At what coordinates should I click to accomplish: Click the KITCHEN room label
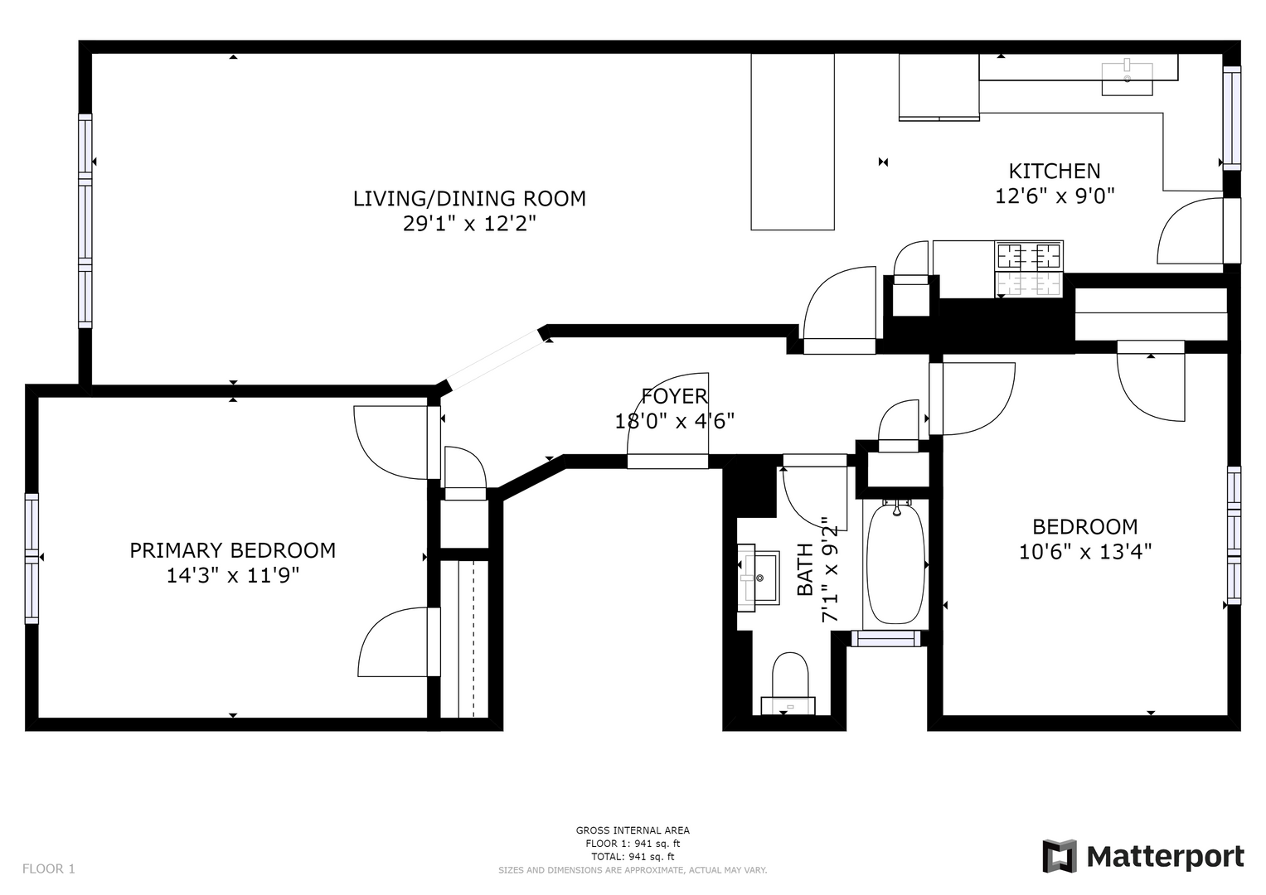coord(1055,171)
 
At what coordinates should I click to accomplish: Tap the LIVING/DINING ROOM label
coord(469,199)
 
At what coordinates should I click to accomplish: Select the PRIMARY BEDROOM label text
coord(233,550)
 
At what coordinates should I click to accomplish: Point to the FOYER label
coord(674,396)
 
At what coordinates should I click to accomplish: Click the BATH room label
coord(805,569)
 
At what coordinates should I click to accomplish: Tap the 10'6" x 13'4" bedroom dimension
coord(1085,551)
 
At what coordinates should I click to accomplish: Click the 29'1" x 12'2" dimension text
coord(469,225)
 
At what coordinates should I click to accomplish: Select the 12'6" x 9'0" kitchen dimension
coord(1055,196)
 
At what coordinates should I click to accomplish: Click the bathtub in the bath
coord(895,564)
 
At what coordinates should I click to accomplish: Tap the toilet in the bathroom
coord(789,684)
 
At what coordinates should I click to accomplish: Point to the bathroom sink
coord(758,578)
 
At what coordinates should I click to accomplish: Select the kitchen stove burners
coord(1029,268)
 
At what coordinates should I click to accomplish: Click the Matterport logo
coord(1143,857)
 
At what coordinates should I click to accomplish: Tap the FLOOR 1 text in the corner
coord(49,869)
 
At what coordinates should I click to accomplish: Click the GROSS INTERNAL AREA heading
coord(633,830)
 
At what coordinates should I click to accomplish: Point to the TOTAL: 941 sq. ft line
coord(633,857)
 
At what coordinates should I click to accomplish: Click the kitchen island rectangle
coord(793,142)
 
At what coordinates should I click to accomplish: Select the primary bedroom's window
coord(32,559)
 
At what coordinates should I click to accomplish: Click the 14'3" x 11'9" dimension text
coord(233,576)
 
